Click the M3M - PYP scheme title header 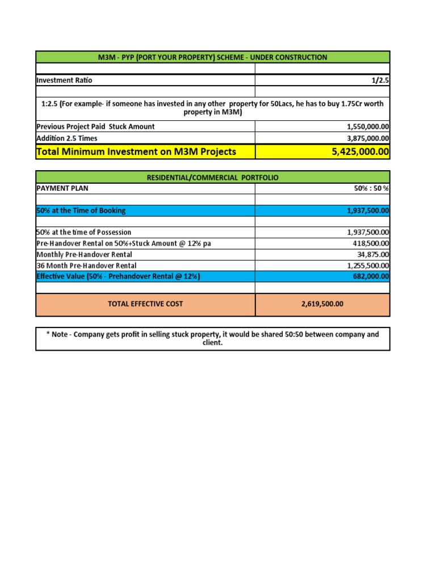coord(213,57)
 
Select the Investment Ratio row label coord(64,81)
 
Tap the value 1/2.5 coord(380,81)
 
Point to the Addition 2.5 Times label coord(67,138)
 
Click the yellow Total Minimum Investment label coord(136,151)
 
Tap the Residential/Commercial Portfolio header coord(213,178)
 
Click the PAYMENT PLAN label coord(62,188)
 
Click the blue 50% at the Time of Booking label coord(81,210)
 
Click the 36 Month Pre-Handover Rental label coord(86,266)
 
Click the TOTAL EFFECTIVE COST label coord(145,304)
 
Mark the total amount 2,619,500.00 coord(322,304)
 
